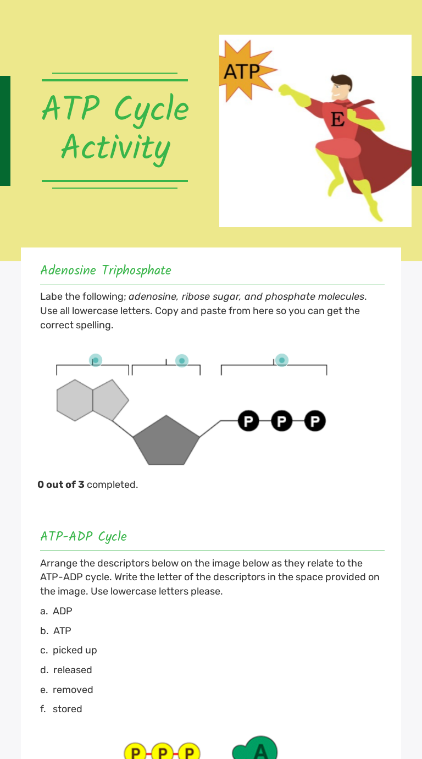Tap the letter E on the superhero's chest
click(x=337, y=119)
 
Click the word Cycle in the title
click(x=152, y=109)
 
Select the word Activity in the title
click(x=115, y=148)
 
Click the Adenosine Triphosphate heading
click(x=105, y=270)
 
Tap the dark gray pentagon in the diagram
click(x=166, y=442)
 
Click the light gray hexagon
click(x=75, y=400)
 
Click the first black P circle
click(x=248, y=421)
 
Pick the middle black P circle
click(x=282, y=421)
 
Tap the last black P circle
click(x=315, y=421)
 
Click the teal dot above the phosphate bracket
click(x=282, y=360)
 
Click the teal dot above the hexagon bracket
click(x=96, y=360)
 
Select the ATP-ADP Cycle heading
click(x=84, y=536)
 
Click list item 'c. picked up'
click(x=69, y=650)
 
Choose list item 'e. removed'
click(x=66, y=690)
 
